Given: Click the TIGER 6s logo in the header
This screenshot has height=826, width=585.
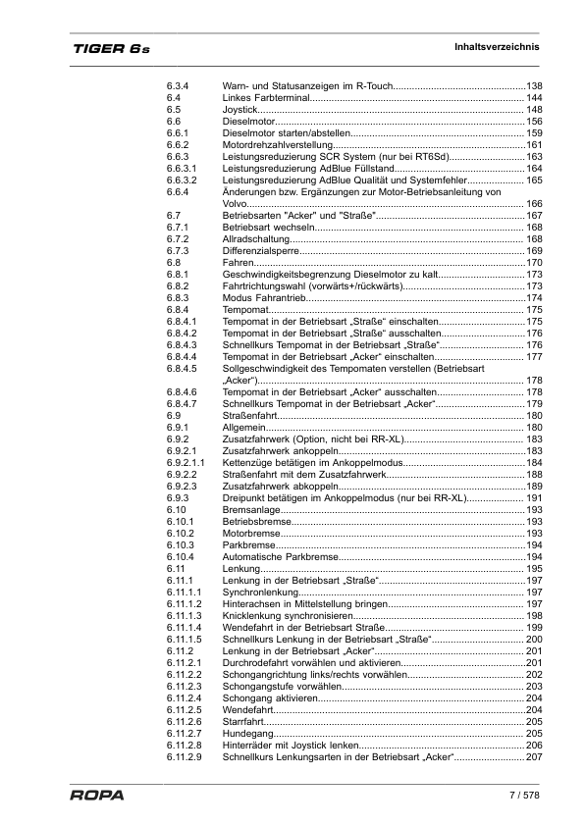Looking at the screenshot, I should pos(110,49).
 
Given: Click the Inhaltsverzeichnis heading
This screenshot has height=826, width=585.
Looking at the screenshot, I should pos(497,47).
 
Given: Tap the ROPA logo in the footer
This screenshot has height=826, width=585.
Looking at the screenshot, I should pos(96,795).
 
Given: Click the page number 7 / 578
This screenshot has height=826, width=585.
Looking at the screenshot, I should pos(524,794).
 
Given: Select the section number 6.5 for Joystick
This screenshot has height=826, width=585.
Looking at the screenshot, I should pos(173,110).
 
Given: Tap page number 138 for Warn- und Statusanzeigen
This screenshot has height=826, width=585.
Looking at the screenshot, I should pos(535,86).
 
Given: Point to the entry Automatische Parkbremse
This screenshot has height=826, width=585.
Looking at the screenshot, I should pos(280,557).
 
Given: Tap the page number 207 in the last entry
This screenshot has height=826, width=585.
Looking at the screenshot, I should pos(535,757).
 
